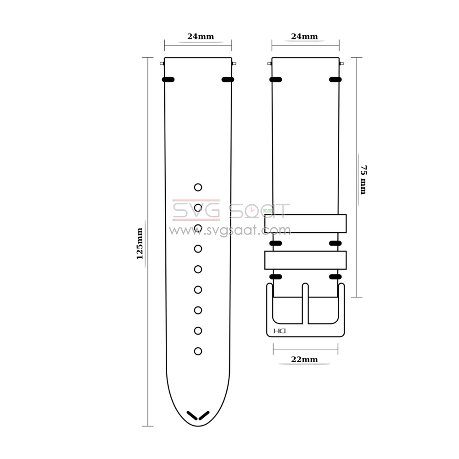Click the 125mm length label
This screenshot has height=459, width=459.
(140, 243)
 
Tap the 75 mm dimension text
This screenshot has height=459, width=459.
(363, 179)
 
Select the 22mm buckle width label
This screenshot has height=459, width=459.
(304, 359)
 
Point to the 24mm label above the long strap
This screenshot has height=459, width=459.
(200, 37)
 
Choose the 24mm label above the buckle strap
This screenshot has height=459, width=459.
(304, 37)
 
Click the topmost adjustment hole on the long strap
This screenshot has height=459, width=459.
(198, 187)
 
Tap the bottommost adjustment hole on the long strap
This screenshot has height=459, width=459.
(198, 351)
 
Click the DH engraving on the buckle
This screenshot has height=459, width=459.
(280, 331)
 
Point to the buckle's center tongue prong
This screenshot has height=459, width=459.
(305, 303)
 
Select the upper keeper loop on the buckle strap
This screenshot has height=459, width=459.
(305, 224)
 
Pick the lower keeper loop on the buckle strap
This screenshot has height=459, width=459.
(305, 260)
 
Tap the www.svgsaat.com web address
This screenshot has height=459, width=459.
(229, 230)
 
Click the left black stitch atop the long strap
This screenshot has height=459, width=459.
(168, 79)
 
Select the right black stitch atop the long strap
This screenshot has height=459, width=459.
(228, 79)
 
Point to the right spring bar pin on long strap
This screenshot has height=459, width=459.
(234, 64)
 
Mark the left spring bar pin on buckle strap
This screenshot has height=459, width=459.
(269, 64)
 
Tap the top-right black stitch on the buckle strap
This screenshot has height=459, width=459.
(336, 80)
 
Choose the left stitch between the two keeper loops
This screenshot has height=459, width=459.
(275, 243)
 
